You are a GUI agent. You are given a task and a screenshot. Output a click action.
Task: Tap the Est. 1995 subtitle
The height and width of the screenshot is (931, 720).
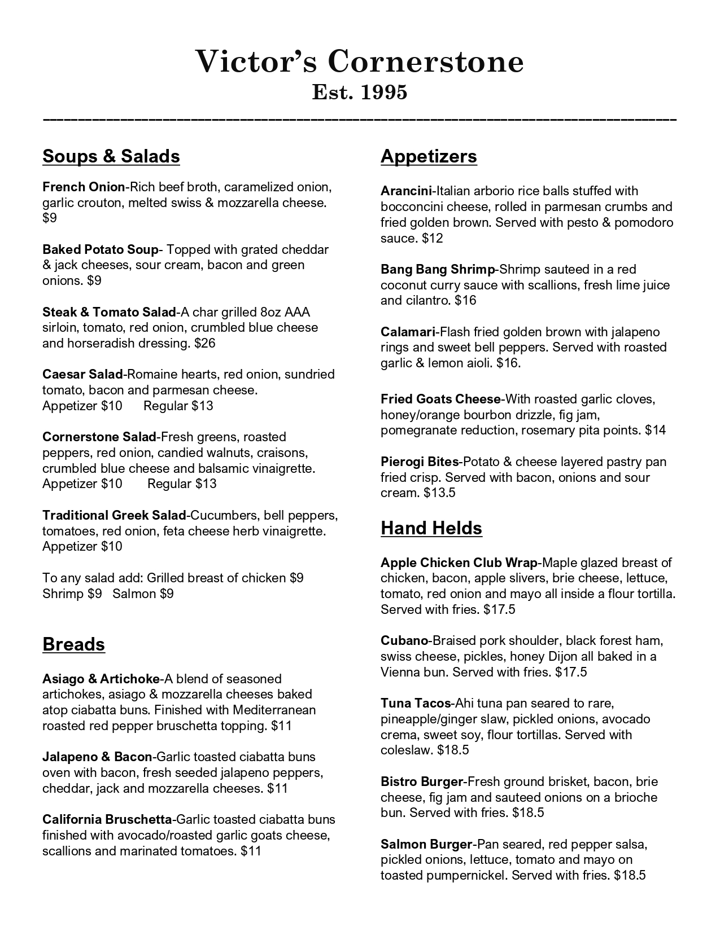coord(360,92)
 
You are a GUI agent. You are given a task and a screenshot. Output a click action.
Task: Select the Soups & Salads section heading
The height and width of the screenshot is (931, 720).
coord(111,156)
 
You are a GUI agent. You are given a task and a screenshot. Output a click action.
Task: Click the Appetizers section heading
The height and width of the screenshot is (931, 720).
coord(429,156)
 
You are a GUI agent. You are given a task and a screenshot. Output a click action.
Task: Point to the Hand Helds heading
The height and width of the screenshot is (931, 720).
coord(431,528)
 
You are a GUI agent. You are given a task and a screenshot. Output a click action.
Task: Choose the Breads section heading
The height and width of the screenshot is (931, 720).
coord(73,644)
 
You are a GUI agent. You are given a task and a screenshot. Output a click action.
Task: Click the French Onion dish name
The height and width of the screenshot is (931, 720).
coord(83,187)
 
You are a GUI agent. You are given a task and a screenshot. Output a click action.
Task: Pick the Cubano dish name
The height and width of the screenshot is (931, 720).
coord(404,640)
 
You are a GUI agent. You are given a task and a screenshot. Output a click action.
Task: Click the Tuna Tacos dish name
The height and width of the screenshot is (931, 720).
coord(416,703)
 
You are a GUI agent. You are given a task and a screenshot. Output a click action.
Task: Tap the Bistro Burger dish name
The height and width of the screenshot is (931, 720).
coord(422,781)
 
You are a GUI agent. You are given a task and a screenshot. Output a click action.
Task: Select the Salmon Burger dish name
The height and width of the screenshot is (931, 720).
coord(426,844)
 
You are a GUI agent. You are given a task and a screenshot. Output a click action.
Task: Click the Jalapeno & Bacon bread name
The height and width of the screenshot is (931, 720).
coord(97,757)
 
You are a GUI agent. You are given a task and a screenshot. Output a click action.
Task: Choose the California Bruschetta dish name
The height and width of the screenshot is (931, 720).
coord(107,819)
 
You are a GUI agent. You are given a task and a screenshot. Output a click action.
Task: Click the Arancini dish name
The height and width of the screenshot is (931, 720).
coord(406,191)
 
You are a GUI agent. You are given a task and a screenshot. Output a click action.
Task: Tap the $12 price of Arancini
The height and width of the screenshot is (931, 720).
coord(433,238)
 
